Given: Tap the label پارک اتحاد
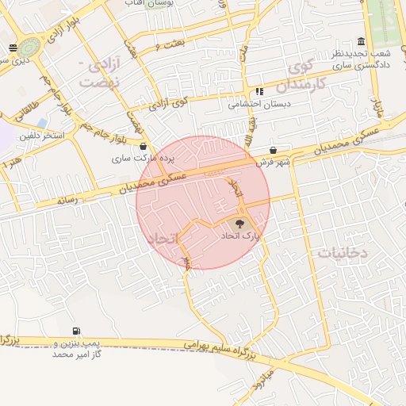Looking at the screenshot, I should (x=240, y=237).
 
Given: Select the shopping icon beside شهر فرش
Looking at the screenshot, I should (x=273, y=150).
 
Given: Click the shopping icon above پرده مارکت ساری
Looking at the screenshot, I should (x=143, y=146).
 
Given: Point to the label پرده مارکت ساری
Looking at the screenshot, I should (x=134, y=159).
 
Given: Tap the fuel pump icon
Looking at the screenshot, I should (x=75, y=331).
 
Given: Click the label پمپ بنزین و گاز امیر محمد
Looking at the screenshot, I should (x=73, y=347).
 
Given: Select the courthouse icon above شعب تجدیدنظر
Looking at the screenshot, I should (x=362, y=41).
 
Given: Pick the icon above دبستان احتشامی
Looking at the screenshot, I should (x=259, y=92).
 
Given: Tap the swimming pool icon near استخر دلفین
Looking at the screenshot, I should (x=42, y=123).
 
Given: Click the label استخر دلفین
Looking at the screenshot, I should (x=42, y=136).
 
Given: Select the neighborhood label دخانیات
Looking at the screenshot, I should (x=343, y=252).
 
